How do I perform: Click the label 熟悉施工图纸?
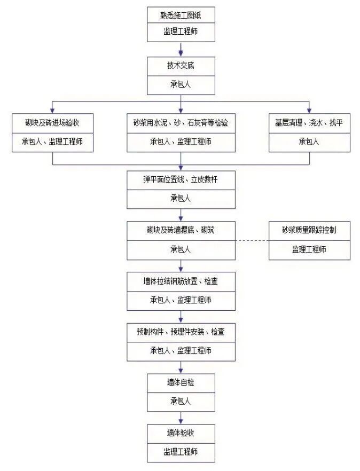click(x=181, y=15)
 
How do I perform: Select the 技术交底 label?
click(x=181, y=66)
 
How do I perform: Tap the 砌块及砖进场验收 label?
click(x=52, y=123)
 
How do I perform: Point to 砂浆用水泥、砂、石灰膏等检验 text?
click(x=181, y=123)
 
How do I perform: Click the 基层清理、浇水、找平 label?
click(x=309, y=123)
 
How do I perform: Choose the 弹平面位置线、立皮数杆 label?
click(x=181, y=179)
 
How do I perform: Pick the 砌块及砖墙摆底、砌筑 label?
click(x=181, y=230)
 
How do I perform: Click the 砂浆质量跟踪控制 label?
click(x=309, y=230)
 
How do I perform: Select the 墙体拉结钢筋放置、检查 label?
click(x=181, y=281)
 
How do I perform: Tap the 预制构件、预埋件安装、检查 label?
click(x=181, y=332)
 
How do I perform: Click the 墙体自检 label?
click(x=181, y=382)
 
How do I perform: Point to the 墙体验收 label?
click(x=181, y=433)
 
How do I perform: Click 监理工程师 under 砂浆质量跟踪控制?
click(x=309, y=249)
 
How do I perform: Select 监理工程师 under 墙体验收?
click(x=181, y=452)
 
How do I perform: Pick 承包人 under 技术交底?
click(x=181, y=84)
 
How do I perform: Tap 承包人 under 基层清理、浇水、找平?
click(x=309, y=142)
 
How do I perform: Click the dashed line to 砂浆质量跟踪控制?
click(x=251, y=240)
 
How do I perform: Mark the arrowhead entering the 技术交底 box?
click(x=181, y=53)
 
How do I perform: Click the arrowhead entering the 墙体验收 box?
click(x=181, y=421)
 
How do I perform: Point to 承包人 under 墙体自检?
click(x=181, y=401)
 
